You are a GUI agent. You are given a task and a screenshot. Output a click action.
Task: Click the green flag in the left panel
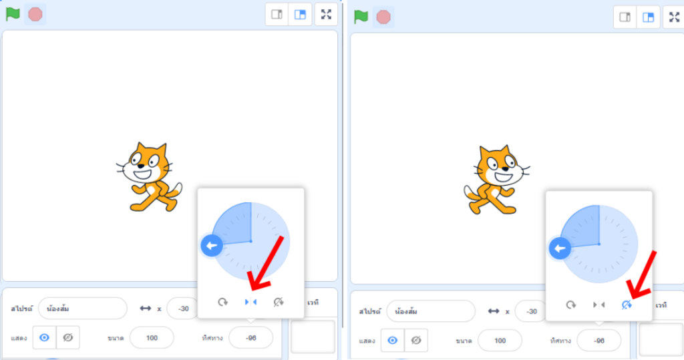(13, 14)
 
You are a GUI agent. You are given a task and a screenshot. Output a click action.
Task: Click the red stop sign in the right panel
(383, 17)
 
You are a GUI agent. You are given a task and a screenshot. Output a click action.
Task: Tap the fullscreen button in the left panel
(326, 15)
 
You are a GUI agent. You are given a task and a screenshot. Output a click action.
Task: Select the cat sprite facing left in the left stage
(149, 177)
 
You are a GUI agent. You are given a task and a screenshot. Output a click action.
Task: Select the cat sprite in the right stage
(497, 180)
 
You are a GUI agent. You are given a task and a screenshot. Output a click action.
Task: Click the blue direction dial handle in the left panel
(212, 245)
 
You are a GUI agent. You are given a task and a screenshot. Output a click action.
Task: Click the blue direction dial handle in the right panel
(560, 248)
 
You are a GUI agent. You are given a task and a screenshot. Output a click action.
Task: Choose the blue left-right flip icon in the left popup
(251, 302)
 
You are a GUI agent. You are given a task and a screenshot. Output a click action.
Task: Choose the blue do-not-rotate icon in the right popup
(627, 305)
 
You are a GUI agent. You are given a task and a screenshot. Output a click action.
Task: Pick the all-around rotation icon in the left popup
(223, 302)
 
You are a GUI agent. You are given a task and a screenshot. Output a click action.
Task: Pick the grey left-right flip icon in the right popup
(599, 305)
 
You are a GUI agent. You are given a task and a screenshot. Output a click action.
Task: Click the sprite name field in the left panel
(83, 309)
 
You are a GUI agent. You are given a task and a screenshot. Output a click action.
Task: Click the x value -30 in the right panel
(530, 311)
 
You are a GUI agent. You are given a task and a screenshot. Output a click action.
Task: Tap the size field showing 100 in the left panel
(152, 338)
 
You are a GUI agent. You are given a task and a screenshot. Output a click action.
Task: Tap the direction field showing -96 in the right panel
(599, 341)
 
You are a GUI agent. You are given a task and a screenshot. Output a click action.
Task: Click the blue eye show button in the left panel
(44, 338)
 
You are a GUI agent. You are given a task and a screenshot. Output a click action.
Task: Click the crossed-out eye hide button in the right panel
(416, 341)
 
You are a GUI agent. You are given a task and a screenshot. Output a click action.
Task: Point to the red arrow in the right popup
(641, 275)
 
